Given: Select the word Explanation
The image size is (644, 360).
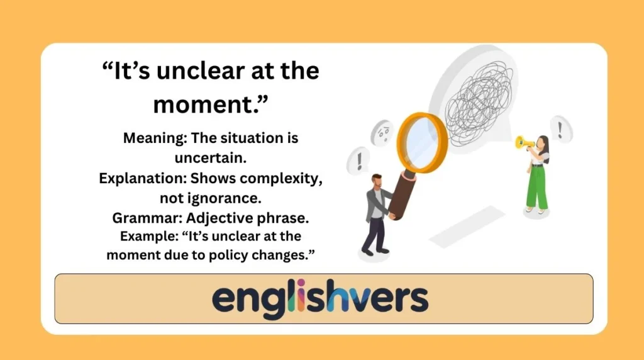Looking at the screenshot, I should click(136, 178).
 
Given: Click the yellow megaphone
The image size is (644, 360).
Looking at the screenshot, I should click(523, 143).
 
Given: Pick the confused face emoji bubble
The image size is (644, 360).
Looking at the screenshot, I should click(382, 133).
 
